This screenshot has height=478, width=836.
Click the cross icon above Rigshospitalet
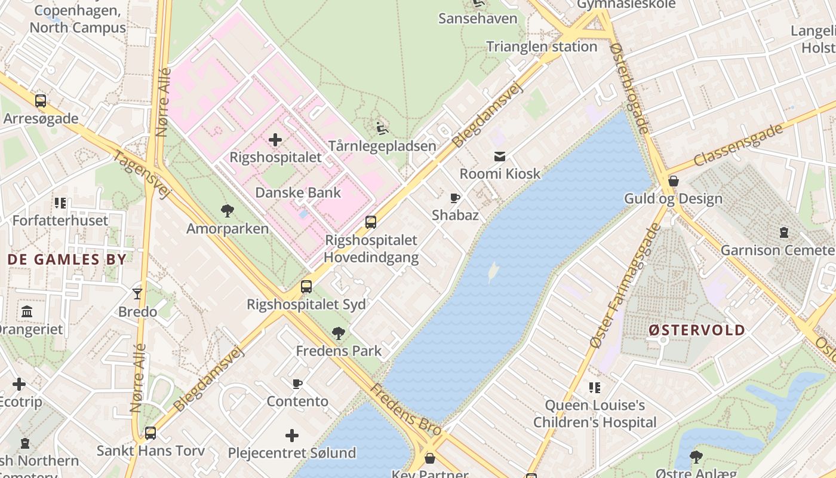tap(275, 140)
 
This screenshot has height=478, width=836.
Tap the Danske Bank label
tap(298, 192)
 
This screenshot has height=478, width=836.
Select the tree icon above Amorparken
tap(227, 210)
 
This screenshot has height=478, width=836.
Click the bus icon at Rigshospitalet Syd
tap(306, 287)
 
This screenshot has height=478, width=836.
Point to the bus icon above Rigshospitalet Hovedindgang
tap(371, 222)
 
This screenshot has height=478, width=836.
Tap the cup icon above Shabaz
tap(455, 198)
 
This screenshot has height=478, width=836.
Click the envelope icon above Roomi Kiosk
tap(500, 157)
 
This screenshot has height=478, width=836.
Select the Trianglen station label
tap(542, 47)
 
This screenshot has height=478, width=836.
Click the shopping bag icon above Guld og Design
tap(674, 180)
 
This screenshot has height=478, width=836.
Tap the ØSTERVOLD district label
tap(697, 330)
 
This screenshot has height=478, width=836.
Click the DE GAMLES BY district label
tap(67, 259)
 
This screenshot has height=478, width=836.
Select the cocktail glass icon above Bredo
tap(137, 293)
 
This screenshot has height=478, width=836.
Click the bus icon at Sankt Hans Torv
tap(150, 433)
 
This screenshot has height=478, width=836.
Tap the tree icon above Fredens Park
tap(339, 333)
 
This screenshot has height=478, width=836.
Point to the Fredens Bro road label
tap(405, 410)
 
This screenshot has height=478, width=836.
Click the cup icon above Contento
tap(297, 384)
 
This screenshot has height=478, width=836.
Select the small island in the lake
tap(493, 273)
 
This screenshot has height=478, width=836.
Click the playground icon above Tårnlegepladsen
tap(382, 128)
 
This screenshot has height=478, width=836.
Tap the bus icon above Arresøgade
tap(41, 100)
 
